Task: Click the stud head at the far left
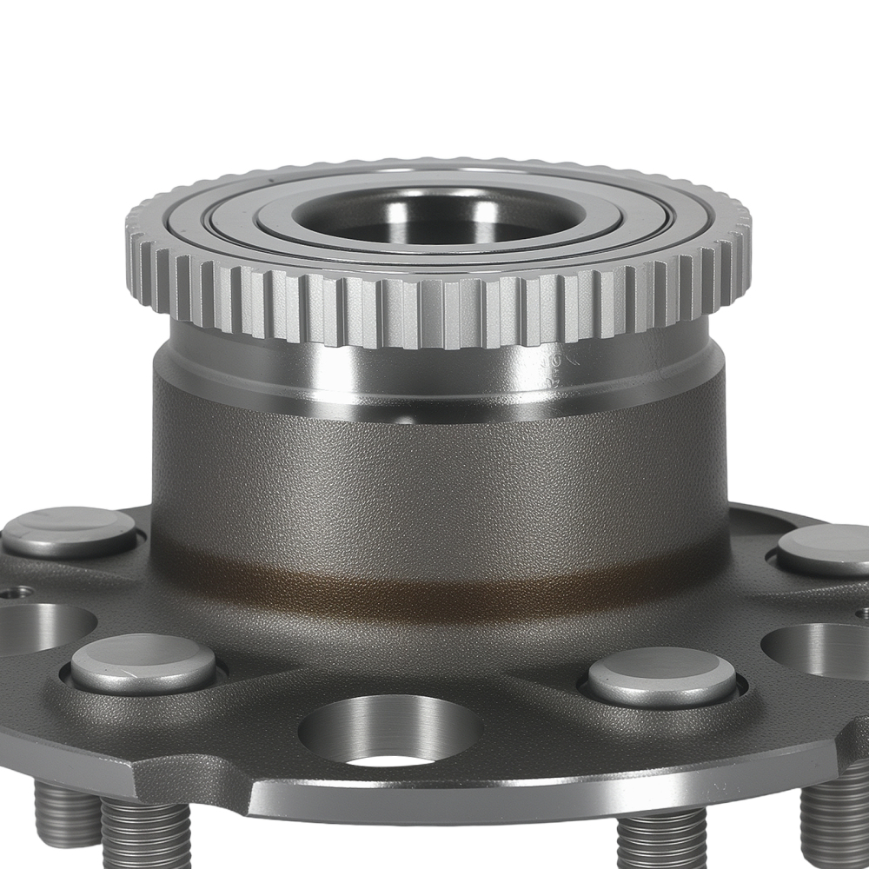coord(70,530)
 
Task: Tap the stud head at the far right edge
coord(826,549)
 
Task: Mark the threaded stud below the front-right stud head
coord(660,839)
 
